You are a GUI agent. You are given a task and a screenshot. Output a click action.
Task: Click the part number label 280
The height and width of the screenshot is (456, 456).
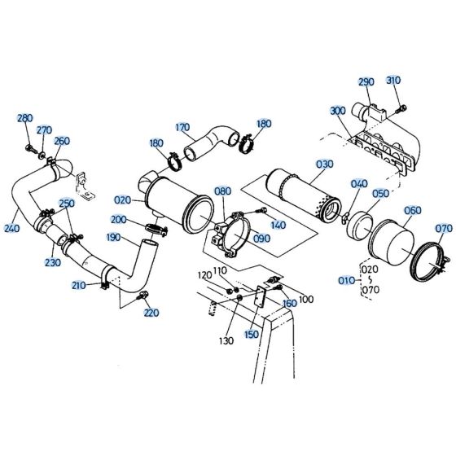point(24,118)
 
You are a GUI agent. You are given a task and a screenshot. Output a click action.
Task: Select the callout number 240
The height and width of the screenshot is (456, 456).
point(11,228)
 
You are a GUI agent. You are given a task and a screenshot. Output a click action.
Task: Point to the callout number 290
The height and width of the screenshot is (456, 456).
point(366,82)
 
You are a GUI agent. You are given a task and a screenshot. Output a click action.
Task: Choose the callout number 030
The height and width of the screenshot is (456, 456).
point(324,164)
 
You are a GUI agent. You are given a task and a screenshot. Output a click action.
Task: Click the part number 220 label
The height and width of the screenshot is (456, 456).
point(151,313)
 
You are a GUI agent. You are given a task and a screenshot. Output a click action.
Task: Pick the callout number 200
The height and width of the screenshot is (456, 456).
point(118,221)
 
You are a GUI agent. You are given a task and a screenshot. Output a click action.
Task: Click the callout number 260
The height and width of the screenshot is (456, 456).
point(62,141)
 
